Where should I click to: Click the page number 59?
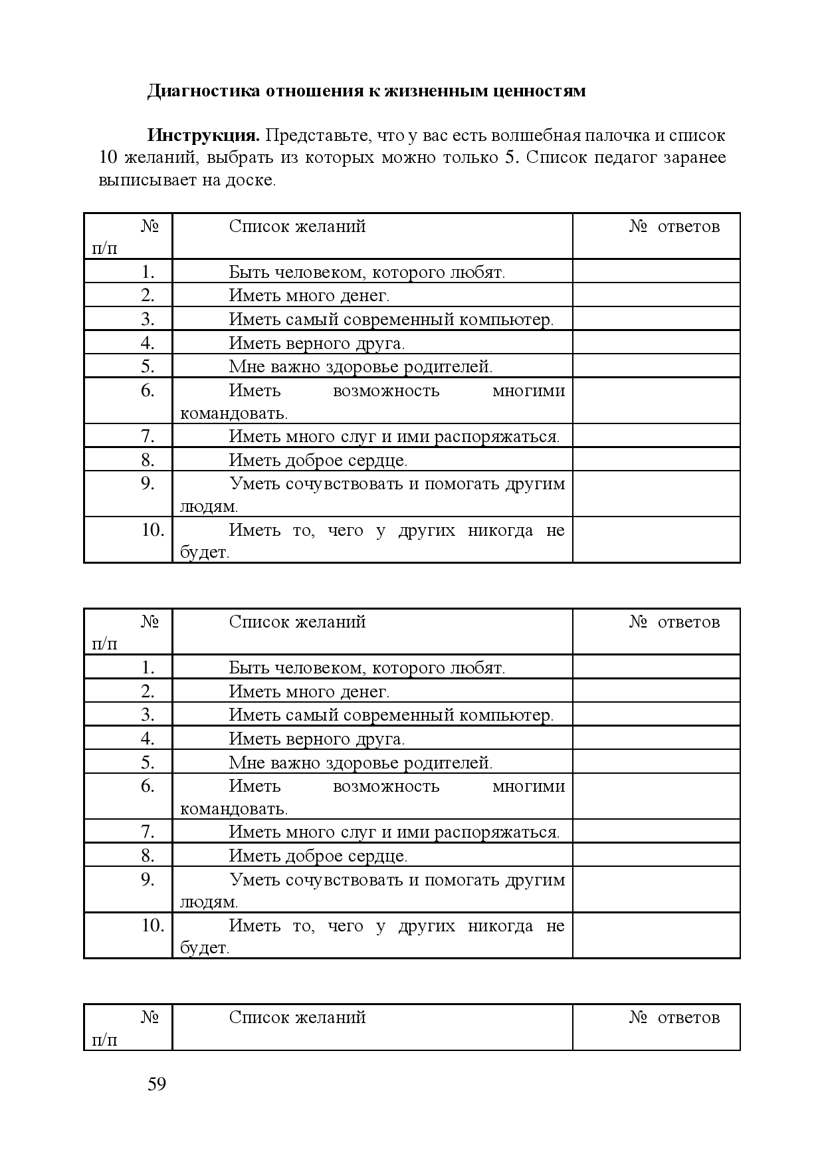pyautogui.click(x=157, y=1084)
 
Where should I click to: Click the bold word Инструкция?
pyautogui.click(x=203, y=136)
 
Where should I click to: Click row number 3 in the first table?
pyautogui.click(x=148, y=319)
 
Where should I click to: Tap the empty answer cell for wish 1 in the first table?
pyautogui.click(x=656, y=271)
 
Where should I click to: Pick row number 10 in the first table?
pyautogui.click(x=152, y=530)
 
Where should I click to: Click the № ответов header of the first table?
pyautogui.click(x=674, y=227)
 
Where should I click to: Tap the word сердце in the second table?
pyautogui.click(x=378, y=856)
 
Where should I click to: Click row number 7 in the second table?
pyautogui.click(x=148, y=832)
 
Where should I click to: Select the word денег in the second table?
pyautogui.click(x=365, y=691)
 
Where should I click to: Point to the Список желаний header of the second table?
pyautogui.click(x=297, y=622)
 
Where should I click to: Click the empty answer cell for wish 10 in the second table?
pyautogui.click(x=656, y=935)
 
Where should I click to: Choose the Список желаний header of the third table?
pyautogui.click(x=297, y=1018)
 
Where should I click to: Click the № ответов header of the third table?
pyautogui.click(x=674, y=1018)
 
